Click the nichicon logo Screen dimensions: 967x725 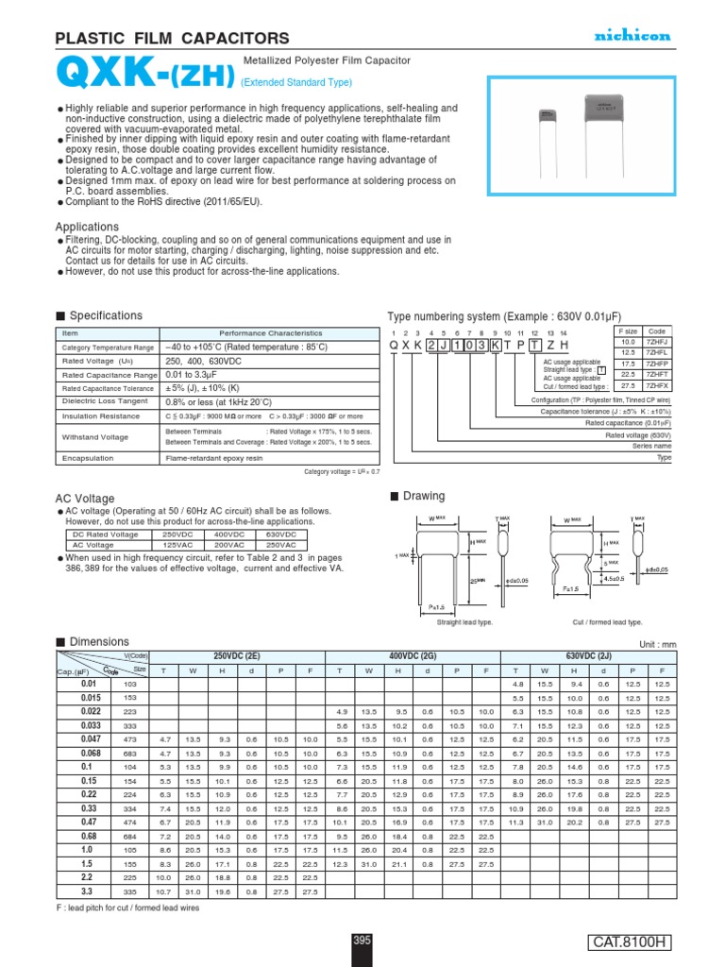coord(632,36)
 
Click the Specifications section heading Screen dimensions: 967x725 coord(106,314)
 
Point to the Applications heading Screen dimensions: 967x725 coord(87,227)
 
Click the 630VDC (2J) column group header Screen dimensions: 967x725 coord(587,654)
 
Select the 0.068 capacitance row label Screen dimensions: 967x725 coord(89,755)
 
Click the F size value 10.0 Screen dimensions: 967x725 coord(627,342)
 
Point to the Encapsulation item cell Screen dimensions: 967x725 coord(88,458)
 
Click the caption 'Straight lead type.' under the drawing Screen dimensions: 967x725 coord(464,622)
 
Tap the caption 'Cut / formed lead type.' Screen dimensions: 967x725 coord(607,622)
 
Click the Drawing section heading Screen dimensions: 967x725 coord(423,496)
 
